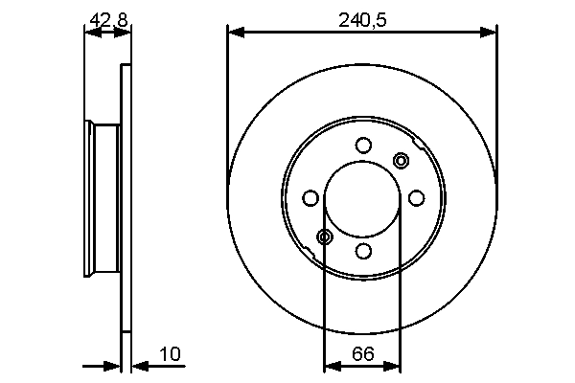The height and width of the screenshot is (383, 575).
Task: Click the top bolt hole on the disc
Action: [362, 145]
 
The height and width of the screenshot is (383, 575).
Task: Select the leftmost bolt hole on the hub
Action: [310, 198]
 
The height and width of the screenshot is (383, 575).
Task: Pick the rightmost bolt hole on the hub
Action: [416, 197]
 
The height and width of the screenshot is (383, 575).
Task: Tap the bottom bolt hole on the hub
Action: [362, 251]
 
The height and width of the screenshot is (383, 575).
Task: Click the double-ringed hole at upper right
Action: [401, 160]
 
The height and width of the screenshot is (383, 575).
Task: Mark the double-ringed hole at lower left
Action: [325, 237]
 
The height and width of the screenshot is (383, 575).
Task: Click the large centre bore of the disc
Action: [362, 198]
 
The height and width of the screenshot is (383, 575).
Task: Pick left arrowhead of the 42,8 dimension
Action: [90, 33]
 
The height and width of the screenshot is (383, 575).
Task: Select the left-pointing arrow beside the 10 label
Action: [138, 365]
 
